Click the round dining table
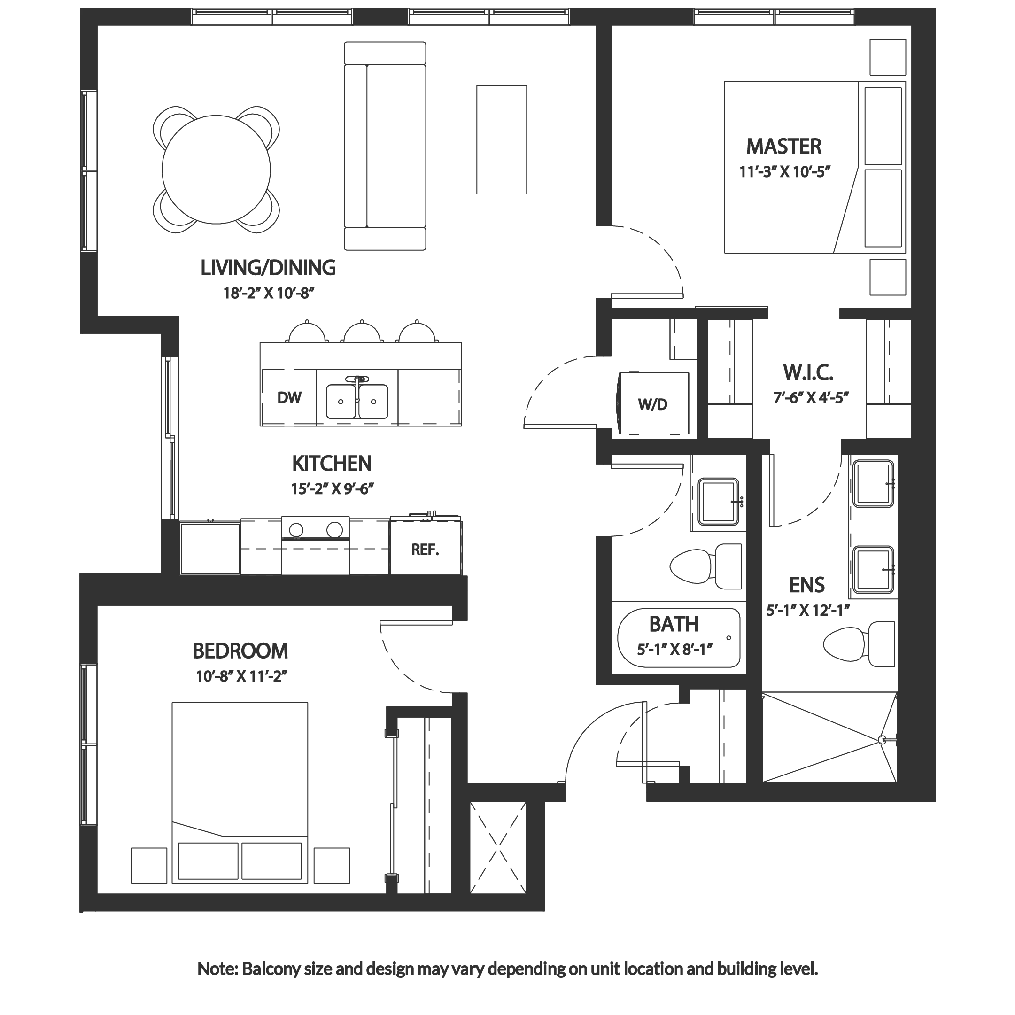pyautogui.click(x=217, y=169)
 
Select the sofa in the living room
pyautogui.click(x=385, y=146)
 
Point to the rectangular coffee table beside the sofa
pyautogui.click(x=501, y=139)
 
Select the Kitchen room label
pyautogui.click(x=332, y=465)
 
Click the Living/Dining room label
pyautogui.click(x=269, y=269)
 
